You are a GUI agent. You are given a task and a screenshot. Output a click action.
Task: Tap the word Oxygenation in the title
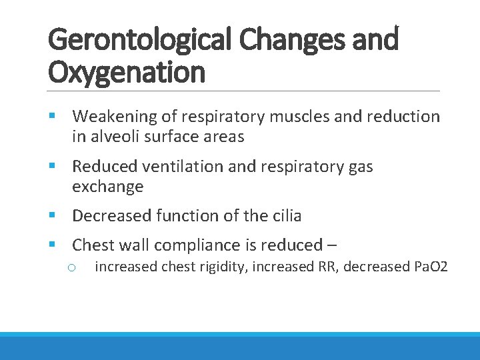click(x=127, y=71)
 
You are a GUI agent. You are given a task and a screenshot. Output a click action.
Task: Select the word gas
click(x=360, y=166)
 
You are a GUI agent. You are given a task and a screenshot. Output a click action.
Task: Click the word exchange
click(x=107, y=187)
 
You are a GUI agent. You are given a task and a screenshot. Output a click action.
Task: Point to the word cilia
click(x=283, y=216)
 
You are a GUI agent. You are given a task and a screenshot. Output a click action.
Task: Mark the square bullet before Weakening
click(x=53, y=117)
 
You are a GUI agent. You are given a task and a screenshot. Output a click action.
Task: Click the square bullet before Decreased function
click(x=53, y=216)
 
